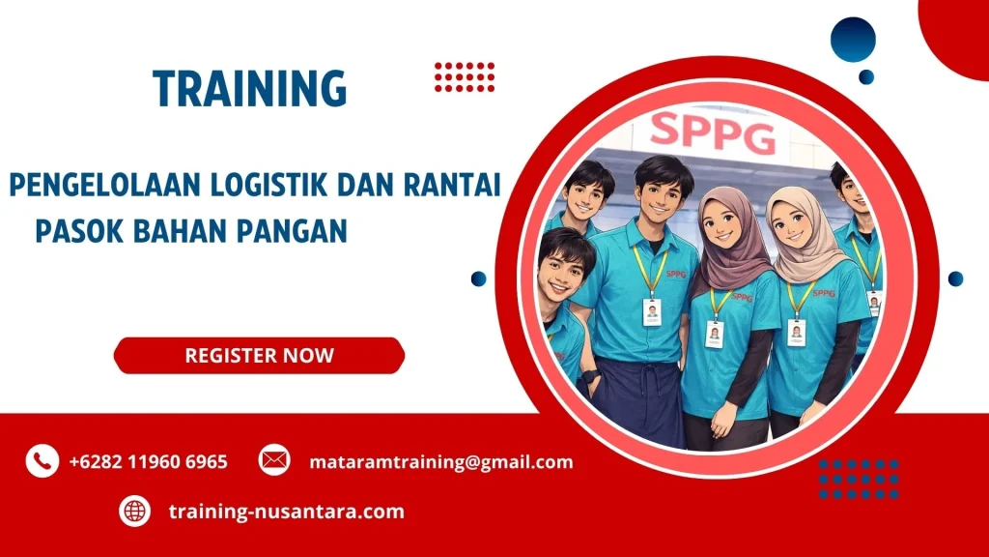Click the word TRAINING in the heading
click(x=249, y=89)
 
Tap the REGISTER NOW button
click(x=259, y=355)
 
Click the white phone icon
click(x=42, y=461)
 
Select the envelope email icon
click(x=274, y=460)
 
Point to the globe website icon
click(x=134, y=511)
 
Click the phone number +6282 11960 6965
click(x=149, y=462)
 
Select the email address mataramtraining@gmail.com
click(x=441, y=462)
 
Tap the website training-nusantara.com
click(x=286, y=512)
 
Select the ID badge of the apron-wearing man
click(x=652, y=311)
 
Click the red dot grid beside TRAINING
click(x=464, y=76)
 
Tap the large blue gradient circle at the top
click(x=853, y=40)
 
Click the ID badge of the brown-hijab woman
click(x=715, y=334)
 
